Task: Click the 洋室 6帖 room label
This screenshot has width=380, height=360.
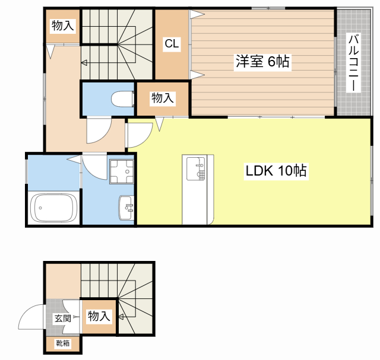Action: (x=262, y=61)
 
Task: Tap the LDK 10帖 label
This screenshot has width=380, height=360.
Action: (x=276, y=171)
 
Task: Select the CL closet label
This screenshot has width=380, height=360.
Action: (x=172, y=43)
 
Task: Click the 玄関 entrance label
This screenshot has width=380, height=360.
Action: (x=63, y=318)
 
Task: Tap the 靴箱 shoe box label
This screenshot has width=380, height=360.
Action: (x=63, y=343)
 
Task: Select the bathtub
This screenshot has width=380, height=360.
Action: (x=53, y=208)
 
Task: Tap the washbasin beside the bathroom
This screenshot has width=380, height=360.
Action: (x=126, y=208)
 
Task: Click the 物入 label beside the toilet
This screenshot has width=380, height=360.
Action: (x=163, y=98)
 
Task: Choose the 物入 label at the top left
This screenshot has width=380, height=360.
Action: (x=63, y=26)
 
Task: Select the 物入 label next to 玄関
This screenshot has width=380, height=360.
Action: (x=99, y=317)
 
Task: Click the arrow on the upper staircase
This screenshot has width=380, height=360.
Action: (x=85, y=62)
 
